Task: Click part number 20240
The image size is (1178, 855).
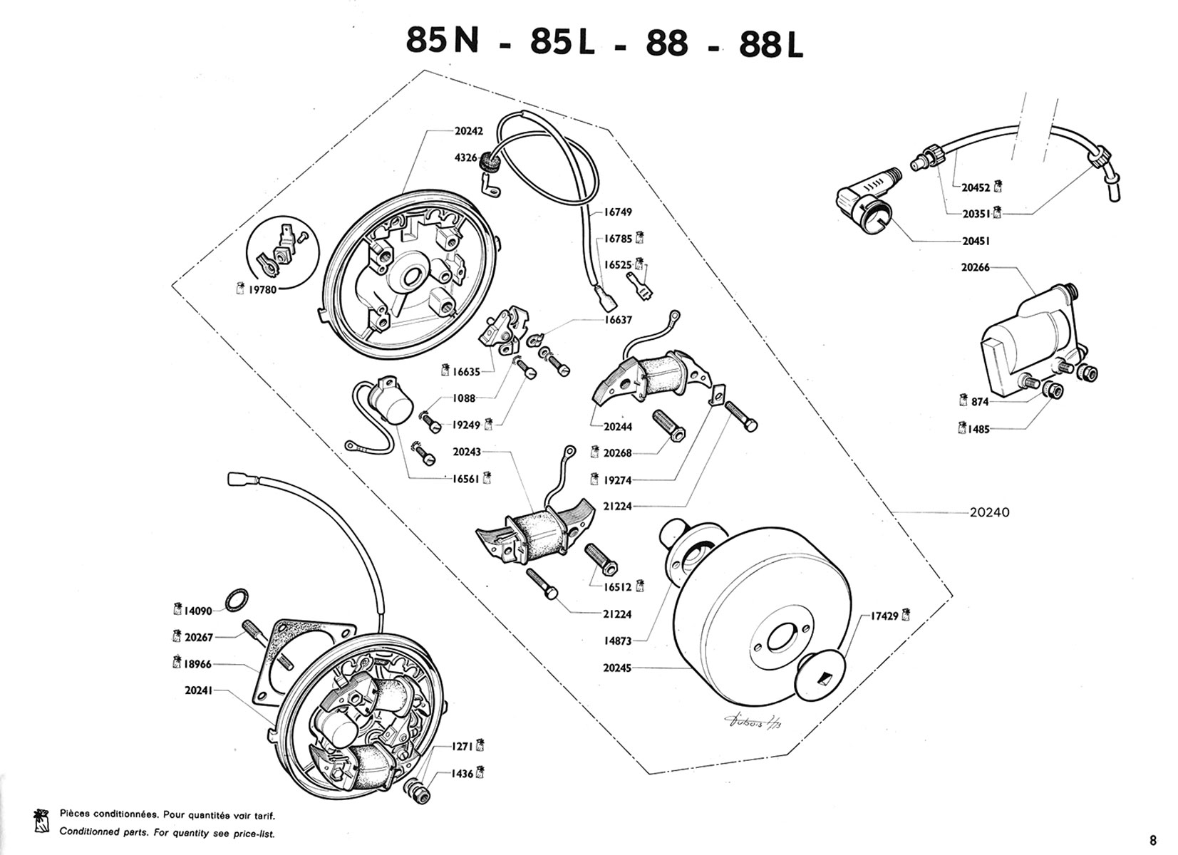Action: tap(989, 512)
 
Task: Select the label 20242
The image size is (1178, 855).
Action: tap(468, 131)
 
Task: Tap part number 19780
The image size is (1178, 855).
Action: tap(262, 290)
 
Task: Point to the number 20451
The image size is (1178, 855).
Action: tap(976, 242)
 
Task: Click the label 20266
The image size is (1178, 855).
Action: tap(975, 268)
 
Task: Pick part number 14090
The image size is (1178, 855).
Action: tap(197, 611)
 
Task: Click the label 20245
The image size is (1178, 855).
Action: tap(616, 668)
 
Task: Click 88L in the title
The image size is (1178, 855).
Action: tap(771, 44)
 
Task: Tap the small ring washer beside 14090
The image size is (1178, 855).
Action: tap(237, 601)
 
